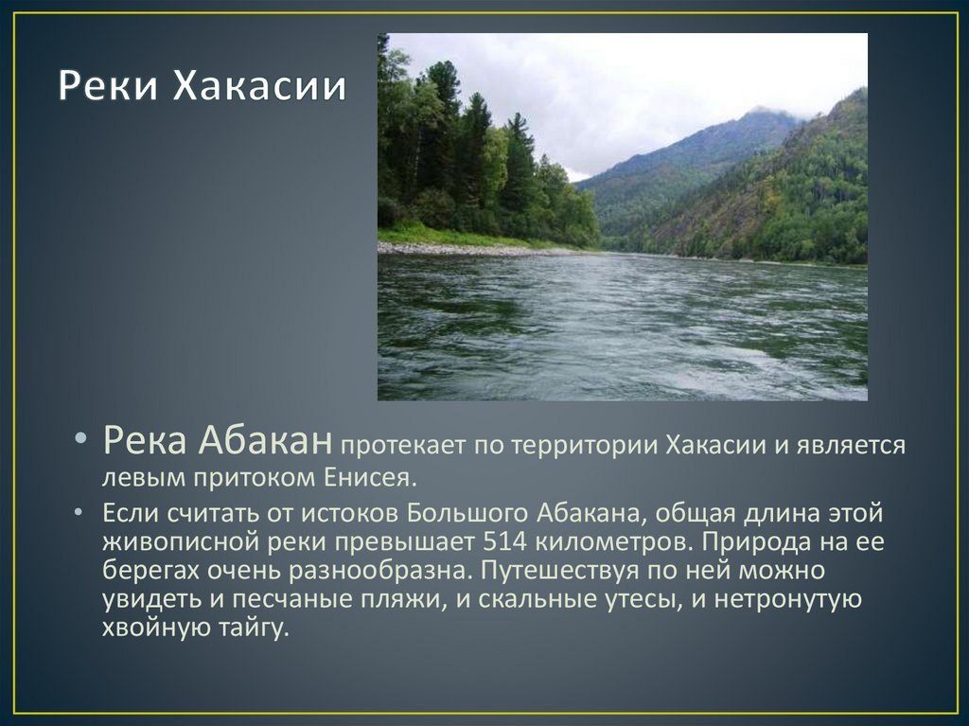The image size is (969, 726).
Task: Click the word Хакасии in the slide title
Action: click(258, 88)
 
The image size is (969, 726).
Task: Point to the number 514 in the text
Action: click(503, 542)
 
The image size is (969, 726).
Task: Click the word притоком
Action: click(260, 476)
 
